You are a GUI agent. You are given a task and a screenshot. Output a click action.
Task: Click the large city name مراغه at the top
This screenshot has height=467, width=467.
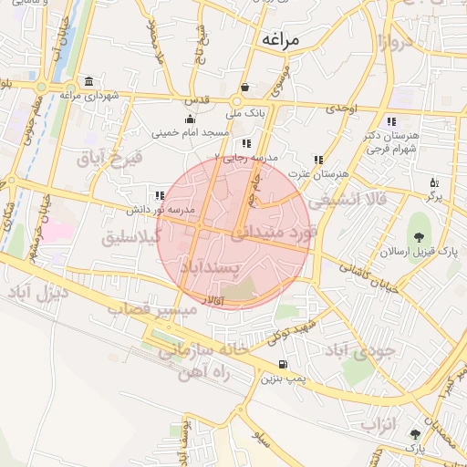(x=285, y=39)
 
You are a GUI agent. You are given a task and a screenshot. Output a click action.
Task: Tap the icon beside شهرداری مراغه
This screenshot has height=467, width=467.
(x=88, y=81)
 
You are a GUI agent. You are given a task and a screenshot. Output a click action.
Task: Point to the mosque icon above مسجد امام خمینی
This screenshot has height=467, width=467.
(x=190, y=119)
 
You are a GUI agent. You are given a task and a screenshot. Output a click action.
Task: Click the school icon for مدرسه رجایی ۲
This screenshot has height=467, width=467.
(x=245, y=143)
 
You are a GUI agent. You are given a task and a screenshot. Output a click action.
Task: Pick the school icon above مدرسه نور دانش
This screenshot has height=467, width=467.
(x=160, y=195)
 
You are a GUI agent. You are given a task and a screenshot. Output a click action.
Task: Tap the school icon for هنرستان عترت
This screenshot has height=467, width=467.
(x=317, y=160)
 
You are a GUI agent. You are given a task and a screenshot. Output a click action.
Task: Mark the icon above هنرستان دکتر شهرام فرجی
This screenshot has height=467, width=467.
(x=390, y=121)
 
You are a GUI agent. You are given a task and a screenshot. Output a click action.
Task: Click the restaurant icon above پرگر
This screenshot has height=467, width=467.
(x=433, y=182)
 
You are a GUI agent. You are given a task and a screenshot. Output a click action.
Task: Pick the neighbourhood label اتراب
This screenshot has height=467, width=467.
(x=375, y=424)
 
